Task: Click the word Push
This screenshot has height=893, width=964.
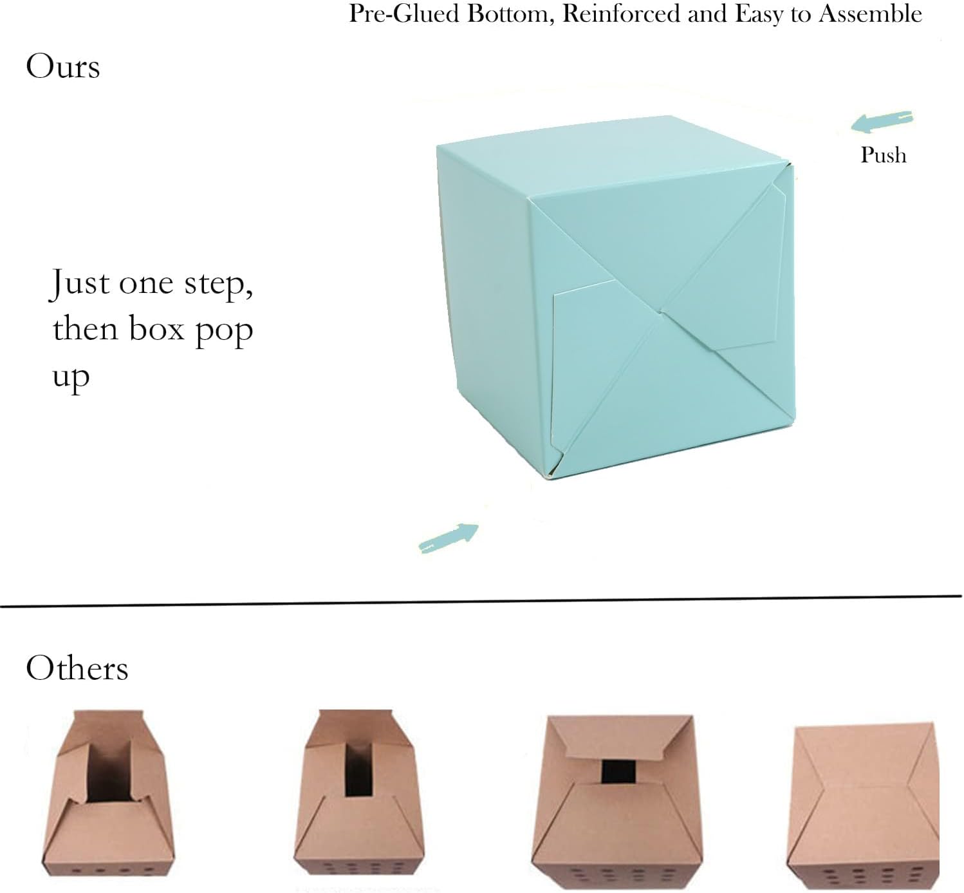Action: click(x=883, y=155)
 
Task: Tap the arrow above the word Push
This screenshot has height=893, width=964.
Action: click(x=882, y=122)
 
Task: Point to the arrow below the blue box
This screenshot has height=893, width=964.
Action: click(x=449, y=538)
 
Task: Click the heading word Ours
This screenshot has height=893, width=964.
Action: click(x=63, y=66)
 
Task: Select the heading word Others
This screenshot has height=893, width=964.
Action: click(x=77, y=668)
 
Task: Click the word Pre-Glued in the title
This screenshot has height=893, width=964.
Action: click(x=404, y=14)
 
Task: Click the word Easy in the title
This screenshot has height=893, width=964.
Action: click(x=758, y=15)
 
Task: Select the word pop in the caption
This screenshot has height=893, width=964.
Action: click(x=224, y=332)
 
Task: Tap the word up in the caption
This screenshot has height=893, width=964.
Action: click(x=71, y=378)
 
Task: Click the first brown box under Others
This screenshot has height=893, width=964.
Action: click(x=107, y=796)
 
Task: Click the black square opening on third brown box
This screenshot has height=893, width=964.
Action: click(x=618, y=772)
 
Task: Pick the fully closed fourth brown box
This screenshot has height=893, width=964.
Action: click(x=862, y=807)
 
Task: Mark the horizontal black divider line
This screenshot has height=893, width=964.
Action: click(x=481, y=601)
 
